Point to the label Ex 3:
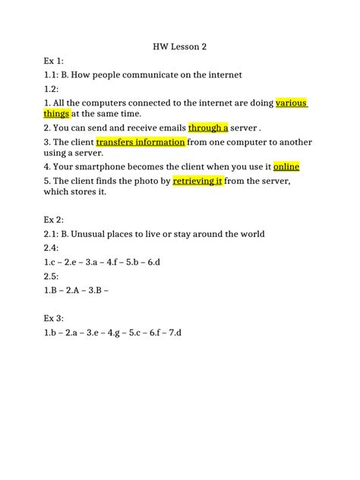pyautogui.click(x=55, y=318)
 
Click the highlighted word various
pyautogui.click(x=292, y=103)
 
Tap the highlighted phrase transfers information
pyautogui.click(x=141, y=141)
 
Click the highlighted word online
pyautogui.click(x=286, y=166)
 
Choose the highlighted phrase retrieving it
pyautogui.click(x=197, y=181)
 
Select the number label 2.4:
pyautogui.click(x=53, y=248)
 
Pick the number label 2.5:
pyautogui.click(x=53, y=276)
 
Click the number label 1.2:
pyautogui.click(x=53, y=89)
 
